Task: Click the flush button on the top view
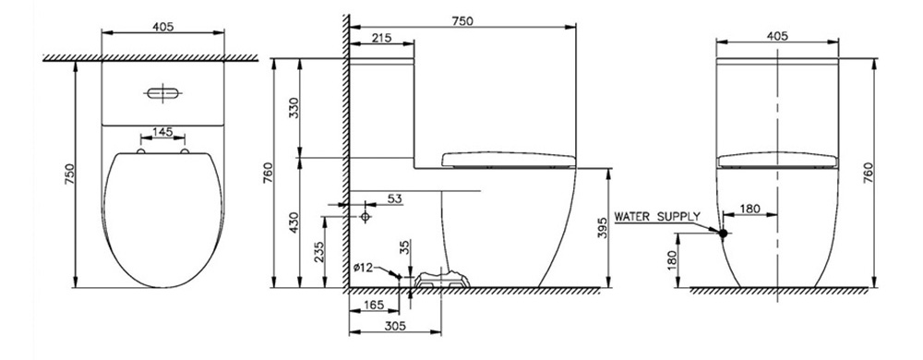coord(162,93)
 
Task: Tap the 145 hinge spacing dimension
coord(162,132)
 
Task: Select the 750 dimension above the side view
coord(462,20)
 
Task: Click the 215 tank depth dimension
coord(381,38)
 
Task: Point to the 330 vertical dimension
coord(294,108)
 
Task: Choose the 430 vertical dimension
coord(294,223)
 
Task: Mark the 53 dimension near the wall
coord(395,198)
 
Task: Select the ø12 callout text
coord(363,268)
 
